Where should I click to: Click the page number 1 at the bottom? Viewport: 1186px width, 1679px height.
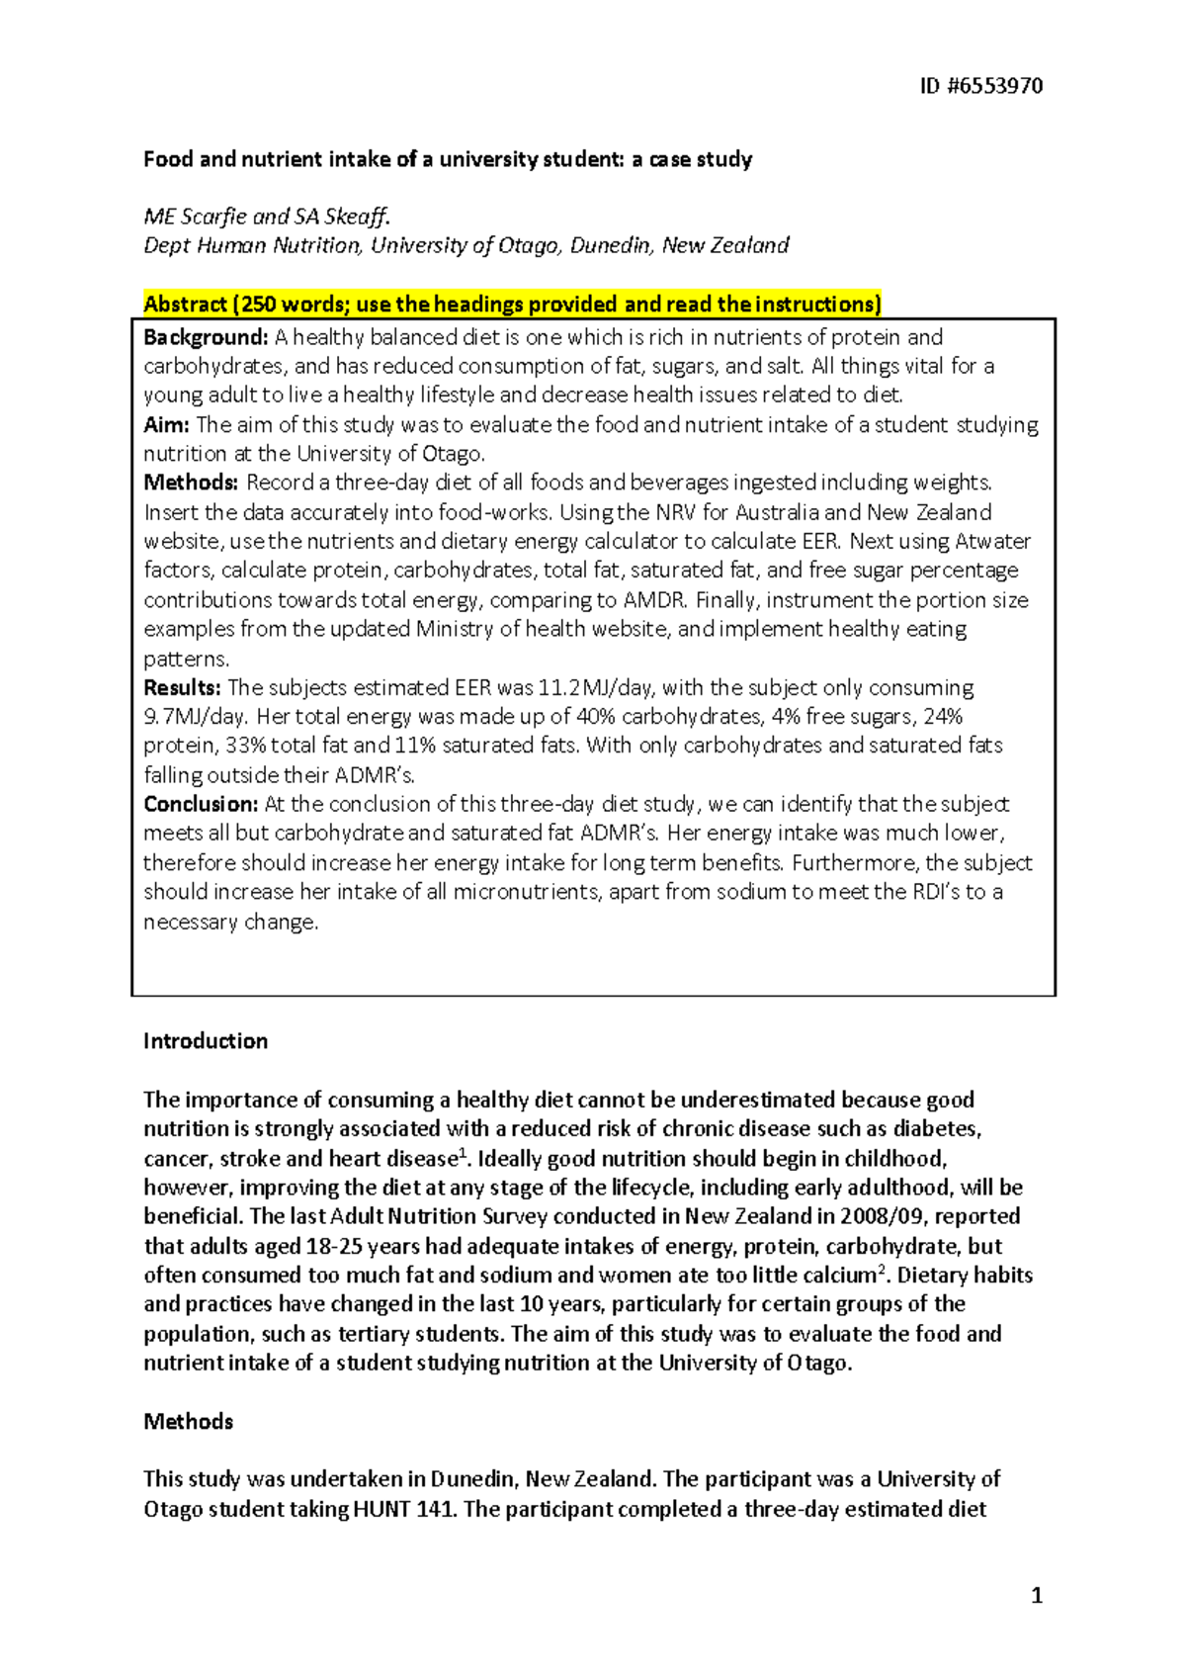pyautogui.click(x=1036, y=1595)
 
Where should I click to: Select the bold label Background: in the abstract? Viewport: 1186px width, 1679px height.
pyautogui.click(x=206, y=337)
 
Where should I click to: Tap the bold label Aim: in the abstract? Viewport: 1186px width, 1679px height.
pyautogui.click(x=166, y=425)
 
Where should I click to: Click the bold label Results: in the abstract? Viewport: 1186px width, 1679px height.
pyautogui.click(x=182, y=687)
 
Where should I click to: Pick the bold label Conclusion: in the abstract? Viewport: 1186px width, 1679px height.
pyautogui.click(x=201, y=804)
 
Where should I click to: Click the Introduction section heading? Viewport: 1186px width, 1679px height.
pyautogui.click(x=206, y=1041)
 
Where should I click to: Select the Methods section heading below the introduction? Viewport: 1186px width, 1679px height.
pyautogui.click(x=188, y=1422)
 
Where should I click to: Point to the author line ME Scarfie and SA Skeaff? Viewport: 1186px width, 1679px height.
pyautogui.click(x=267, y=217)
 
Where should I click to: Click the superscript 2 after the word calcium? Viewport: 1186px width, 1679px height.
pyautogui.click(x=882, y=1270)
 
